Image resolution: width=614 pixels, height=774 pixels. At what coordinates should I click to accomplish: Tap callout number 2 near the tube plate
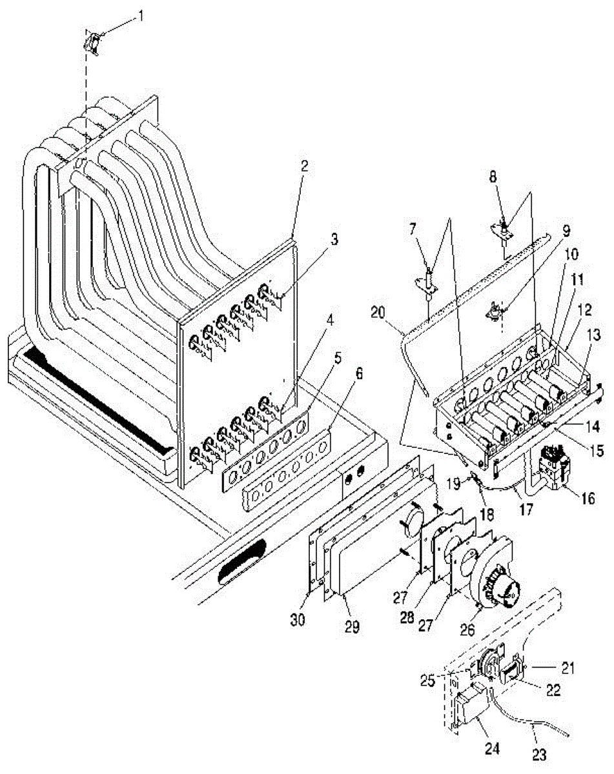tap(304, 165)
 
